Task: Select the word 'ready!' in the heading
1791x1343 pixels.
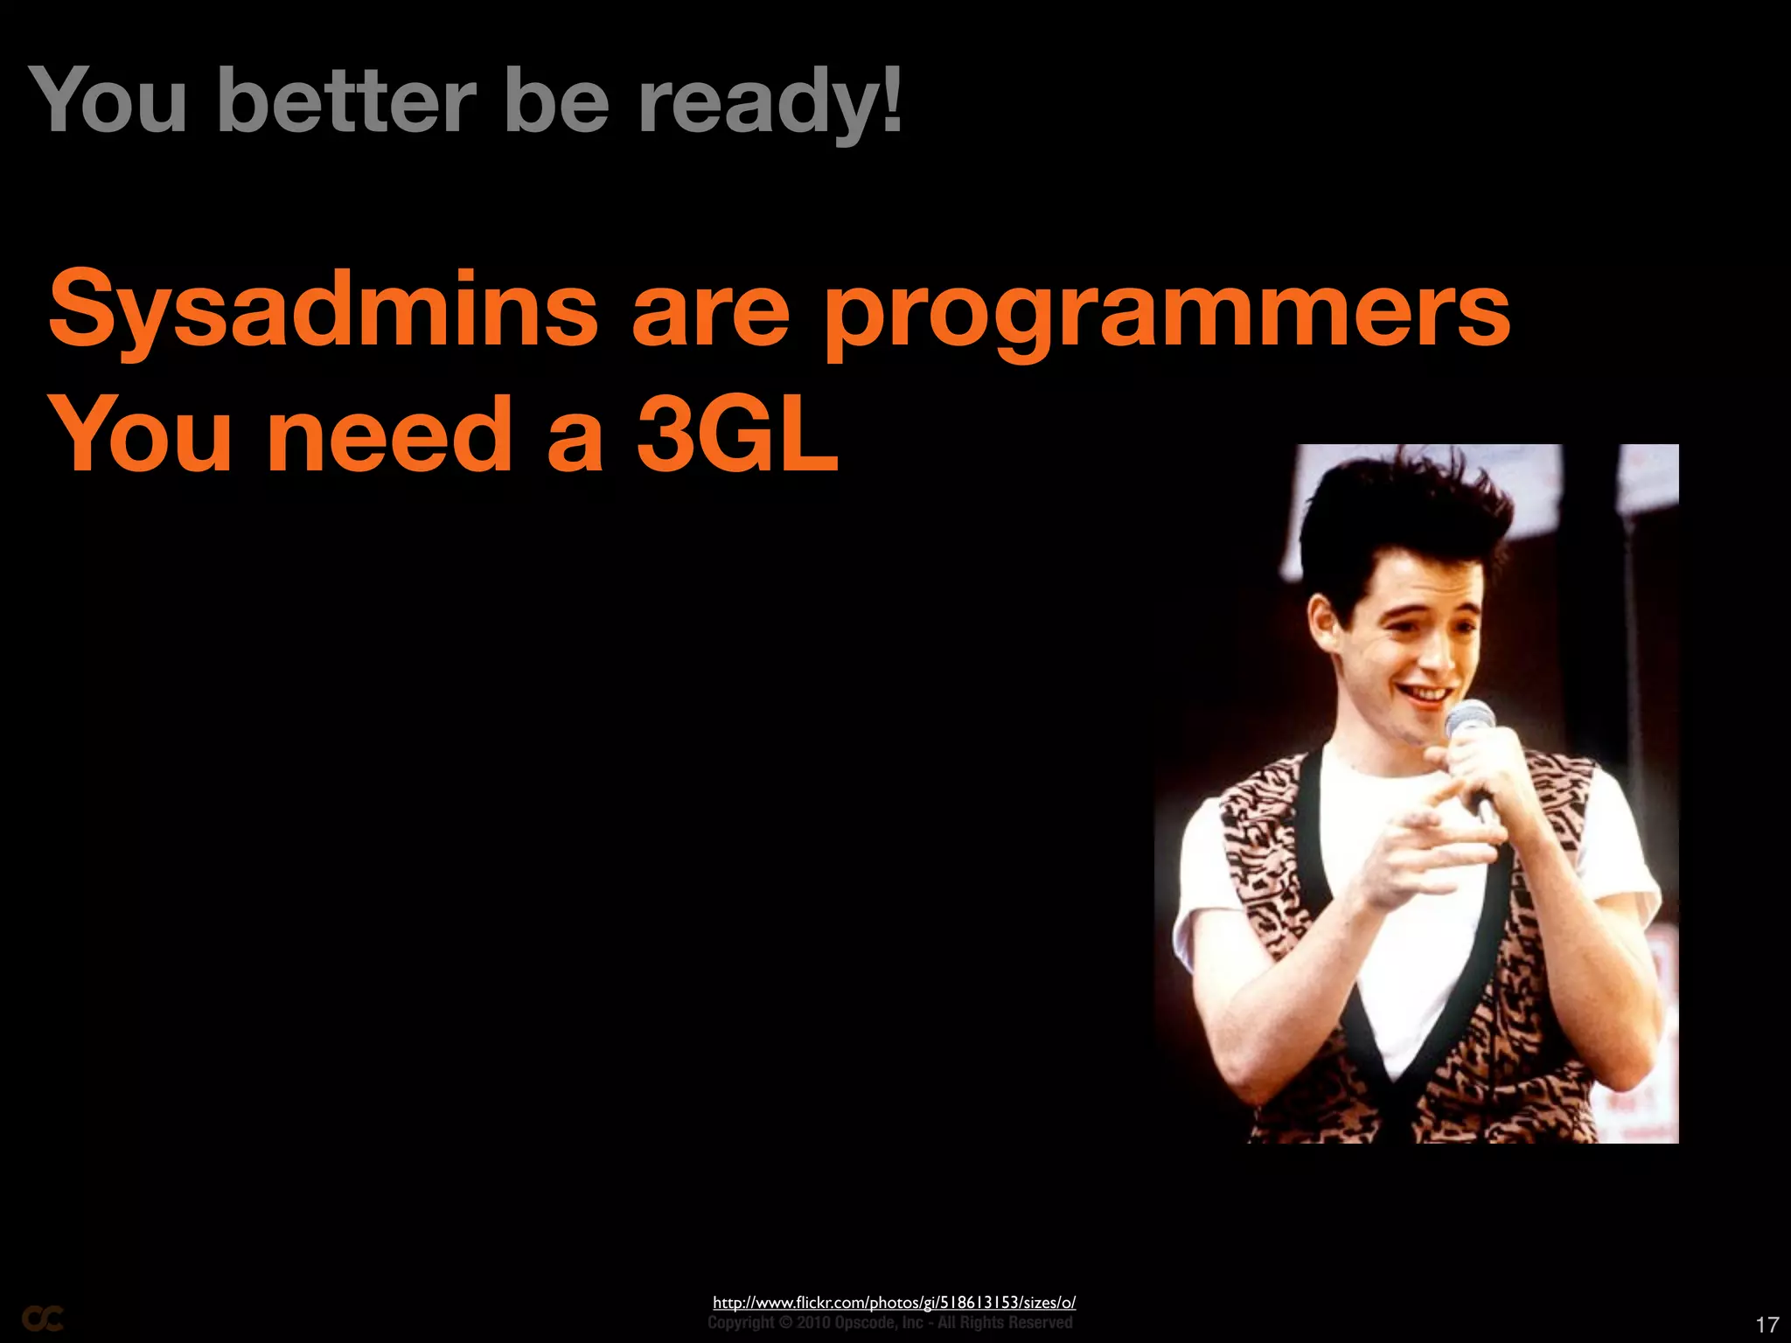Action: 770,103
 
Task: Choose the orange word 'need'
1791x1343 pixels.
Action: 389,435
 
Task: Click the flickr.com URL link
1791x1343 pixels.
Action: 894,1302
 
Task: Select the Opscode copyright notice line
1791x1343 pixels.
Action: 889,1322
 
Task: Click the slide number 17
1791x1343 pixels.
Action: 1767,1324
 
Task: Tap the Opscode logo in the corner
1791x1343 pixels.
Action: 42,1319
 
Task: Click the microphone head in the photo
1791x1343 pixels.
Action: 1469,719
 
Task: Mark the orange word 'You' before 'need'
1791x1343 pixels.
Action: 140,435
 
